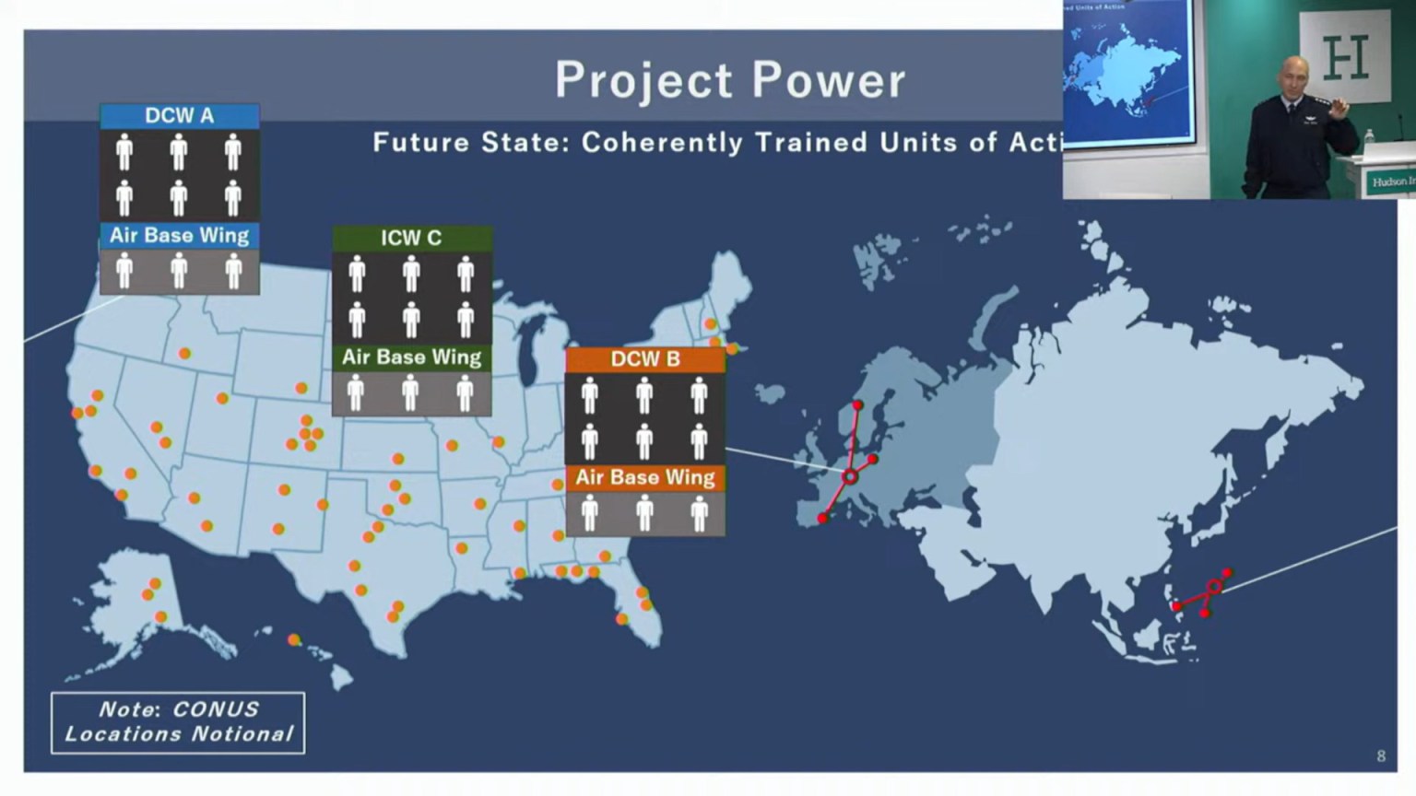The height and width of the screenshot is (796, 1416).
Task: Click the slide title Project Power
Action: click(730, 80)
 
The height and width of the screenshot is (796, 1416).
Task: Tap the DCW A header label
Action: click(180, 116)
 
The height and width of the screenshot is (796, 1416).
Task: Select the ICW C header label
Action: click(411, 238)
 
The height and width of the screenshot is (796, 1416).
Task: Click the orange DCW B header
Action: click(645, 359)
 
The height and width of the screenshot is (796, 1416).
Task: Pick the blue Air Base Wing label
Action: click(180, 236)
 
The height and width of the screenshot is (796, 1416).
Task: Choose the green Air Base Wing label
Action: click(411, 357)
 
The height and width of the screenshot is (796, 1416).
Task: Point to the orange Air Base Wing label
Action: click(645, 477)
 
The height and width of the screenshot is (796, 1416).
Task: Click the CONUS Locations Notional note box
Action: click(178, 722)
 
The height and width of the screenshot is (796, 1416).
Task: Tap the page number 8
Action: click(1381, 756)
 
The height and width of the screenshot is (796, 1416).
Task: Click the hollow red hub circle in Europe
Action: click(850, 476)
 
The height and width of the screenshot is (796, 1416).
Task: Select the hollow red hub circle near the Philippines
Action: click(1214, 587)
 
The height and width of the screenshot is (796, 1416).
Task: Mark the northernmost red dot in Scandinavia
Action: click(857, 405)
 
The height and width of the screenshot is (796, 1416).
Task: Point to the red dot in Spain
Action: click(822, 519)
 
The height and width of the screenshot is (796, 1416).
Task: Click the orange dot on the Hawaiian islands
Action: click(293, 639)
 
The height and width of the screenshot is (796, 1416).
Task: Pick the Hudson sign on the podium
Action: click(1390, 181)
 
